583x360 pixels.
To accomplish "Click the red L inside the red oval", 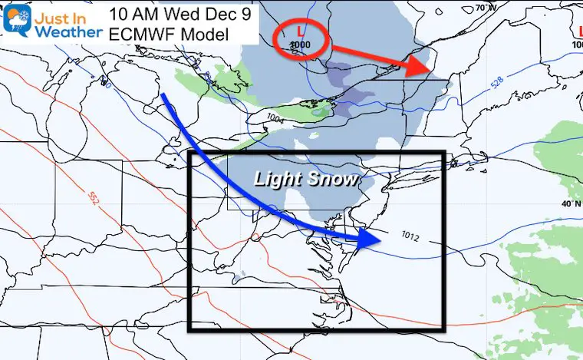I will pos(300,31).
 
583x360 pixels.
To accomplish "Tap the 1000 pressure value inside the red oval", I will pos(300,45).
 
